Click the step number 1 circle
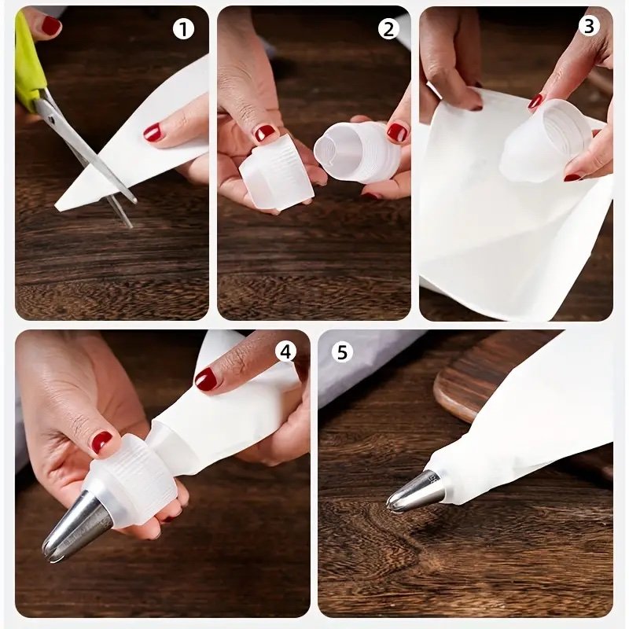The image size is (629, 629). coord(183,29)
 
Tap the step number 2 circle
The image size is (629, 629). coord(388,28)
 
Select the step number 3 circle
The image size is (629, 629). coord(588,27)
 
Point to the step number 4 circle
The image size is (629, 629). coord(285,351)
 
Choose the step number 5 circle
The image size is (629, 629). coord(342,352)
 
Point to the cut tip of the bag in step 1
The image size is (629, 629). coord(61,204)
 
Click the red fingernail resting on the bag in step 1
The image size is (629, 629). coord(153,132)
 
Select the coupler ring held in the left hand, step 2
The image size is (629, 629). coord(276,173)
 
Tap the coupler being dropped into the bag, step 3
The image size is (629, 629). coord(546,140)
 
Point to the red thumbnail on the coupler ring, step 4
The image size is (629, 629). coord(101,441)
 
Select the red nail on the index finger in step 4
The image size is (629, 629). coord(206,379)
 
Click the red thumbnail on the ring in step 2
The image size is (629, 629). coord(265,132)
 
